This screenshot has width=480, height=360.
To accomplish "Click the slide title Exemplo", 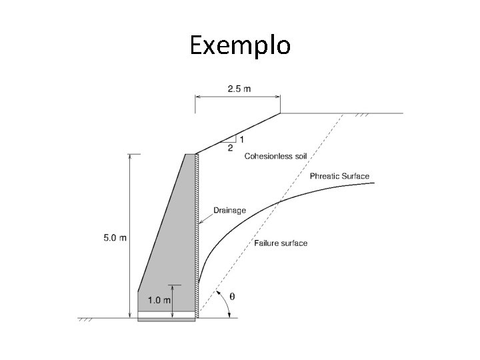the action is [239, 45].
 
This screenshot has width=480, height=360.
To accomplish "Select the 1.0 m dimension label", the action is [159, 301].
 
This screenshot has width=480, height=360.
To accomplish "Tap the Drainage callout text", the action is [229, 211].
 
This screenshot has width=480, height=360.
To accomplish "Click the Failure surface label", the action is [281, 243].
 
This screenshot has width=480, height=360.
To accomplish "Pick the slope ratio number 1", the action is [241, 139].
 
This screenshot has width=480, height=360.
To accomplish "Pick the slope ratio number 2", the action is [230, 148].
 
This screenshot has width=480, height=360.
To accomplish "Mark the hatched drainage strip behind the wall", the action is [197, 233].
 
